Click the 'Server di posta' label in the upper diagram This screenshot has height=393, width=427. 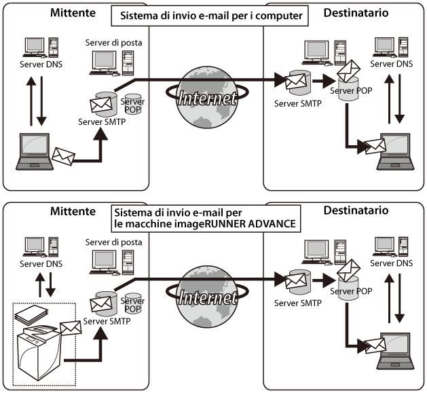(x=112, y=43)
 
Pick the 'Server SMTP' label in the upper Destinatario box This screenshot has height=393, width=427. (x=297, y=103)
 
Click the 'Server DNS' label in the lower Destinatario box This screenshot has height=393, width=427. (x=394, y=263)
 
